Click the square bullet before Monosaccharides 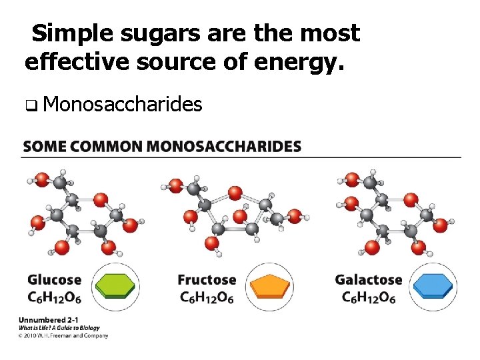coord(31,105)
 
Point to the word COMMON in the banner coord(108,146)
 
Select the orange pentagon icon coord(270,287)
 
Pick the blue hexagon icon coord(432,287)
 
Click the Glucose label coord(54,280)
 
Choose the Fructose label coord(207,280)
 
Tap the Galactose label coord(369,280)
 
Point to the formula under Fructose coord(207,297)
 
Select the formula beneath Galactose coord(369,297)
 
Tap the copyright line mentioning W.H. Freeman coord(63,335)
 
